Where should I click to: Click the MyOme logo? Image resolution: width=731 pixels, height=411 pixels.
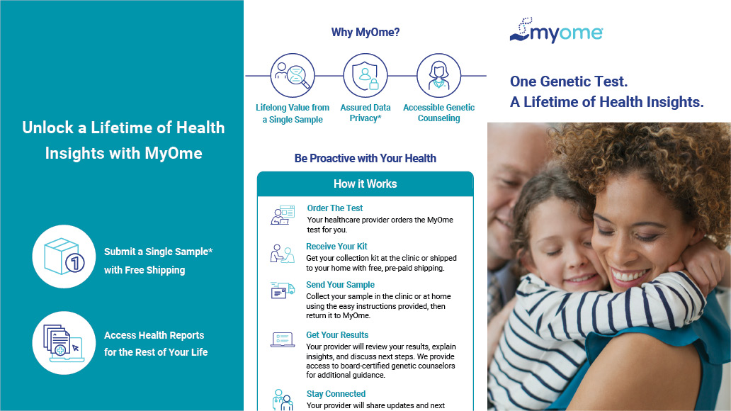click(x=556, y=30)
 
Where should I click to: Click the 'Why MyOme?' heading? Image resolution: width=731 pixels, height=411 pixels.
click(x=365, y=32)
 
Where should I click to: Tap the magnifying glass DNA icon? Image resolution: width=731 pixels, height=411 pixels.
click(x=293, y=75)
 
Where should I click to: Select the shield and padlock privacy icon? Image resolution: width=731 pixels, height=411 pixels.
click(x=365, y=75)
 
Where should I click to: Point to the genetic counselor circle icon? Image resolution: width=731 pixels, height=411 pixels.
click(x=438, y=75)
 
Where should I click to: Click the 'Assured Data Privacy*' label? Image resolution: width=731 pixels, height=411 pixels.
click(x=365, y=113)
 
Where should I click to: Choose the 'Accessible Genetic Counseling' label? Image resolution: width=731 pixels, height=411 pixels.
click(x=438, y=113)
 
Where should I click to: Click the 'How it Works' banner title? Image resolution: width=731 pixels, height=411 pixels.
click(x=365, y=184)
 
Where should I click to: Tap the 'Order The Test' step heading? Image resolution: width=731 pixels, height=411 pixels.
click(x=335, y=208)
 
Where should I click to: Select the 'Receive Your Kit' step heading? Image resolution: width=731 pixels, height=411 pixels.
click(x=336, y=247)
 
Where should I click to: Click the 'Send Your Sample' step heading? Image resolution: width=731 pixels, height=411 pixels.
click(x=340, y=285)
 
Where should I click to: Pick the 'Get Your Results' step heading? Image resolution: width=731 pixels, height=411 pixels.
click(x=337, y=335)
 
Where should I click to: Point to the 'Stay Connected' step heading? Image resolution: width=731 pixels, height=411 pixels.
click(x=336, y=394)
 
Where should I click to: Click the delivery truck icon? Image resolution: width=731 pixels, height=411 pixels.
click(x=283, y=290)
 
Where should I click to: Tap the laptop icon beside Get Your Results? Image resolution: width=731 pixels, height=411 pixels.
click(x=283, y=339)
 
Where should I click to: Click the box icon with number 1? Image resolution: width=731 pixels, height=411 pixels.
click(x=64, y=256)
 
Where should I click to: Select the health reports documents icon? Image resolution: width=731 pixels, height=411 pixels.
click(x=64, y=343)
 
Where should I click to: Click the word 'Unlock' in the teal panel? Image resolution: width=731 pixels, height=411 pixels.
click(x=48, y=128)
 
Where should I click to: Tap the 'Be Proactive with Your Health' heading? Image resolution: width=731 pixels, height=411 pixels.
click(x=365, y=159)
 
